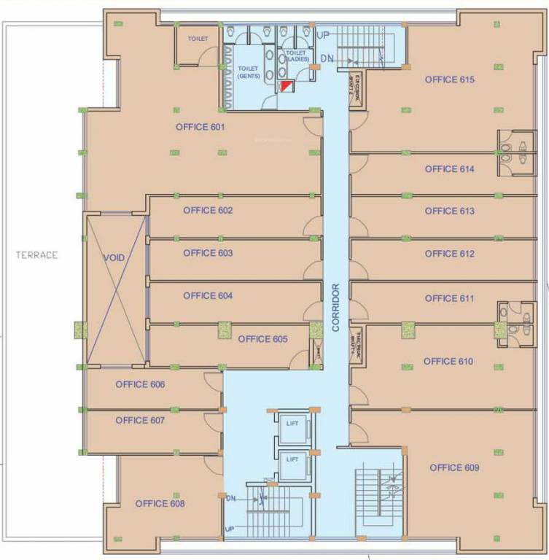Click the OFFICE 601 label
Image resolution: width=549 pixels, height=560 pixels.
[200, 127]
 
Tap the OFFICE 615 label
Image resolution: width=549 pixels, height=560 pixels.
[450, 79]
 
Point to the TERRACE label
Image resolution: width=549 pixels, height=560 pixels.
[38, 255]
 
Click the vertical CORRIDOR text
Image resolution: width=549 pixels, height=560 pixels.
[336, 308]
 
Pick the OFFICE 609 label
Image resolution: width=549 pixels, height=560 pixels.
[454, 467]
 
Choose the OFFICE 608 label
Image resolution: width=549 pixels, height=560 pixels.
[160, 503]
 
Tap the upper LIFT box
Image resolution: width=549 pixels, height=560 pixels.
[292, 424]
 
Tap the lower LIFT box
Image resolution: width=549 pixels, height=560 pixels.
[292, 459]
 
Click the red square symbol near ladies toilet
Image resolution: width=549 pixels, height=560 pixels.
[286, 87]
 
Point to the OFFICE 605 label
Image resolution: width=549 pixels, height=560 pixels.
[262, 339]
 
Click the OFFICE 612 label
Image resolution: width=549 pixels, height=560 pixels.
[449, 254]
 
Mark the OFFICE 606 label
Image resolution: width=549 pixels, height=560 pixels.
[140, 384]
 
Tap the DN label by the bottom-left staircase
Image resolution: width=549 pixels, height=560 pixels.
[230, 498]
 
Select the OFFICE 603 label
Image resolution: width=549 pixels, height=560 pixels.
[208, 253]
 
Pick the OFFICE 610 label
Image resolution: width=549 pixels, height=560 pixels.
[448, 362]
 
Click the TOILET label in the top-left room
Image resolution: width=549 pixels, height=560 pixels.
[197, 38]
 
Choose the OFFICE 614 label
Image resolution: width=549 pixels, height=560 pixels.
[449, 169]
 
